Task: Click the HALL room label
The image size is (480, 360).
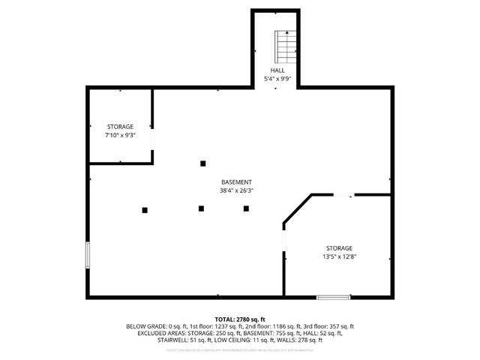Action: pyautogui.click(x=277, y=70)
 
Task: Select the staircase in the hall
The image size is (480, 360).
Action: pyautogui.click(x=286, y=47)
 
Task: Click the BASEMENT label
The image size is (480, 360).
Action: pyautogui.click(x=236, y=182)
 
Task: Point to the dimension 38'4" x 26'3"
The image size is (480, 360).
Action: pyautogui.click(x=236, y=190)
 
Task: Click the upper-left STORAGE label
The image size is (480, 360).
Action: pyautogui.click(x=119, y=127)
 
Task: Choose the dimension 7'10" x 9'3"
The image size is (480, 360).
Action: pyautogui.click(x=119, y=135)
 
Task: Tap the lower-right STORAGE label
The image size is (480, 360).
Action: pyautogui.click(x=339, y=248)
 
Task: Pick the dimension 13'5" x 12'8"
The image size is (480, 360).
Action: pyautogui.click(x=339, y=256)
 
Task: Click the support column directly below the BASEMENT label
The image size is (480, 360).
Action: pyautogui.click(x=201, y=208)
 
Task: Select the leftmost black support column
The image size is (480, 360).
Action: pyautogui.click(x=145, y=210)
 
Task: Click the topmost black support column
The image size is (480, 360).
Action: pyautogui.click(x=202, y=163)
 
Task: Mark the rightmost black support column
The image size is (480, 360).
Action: pyautogui.click(x=246, y=208)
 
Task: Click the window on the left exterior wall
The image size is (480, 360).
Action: pyautogui.click(x=88, y=255)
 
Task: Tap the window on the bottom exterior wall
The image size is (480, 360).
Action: pyautogui.click(x=333, y=297)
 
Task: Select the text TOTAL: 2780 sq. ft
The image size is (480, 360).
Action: pyautogui.click(x=240, y=319)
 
